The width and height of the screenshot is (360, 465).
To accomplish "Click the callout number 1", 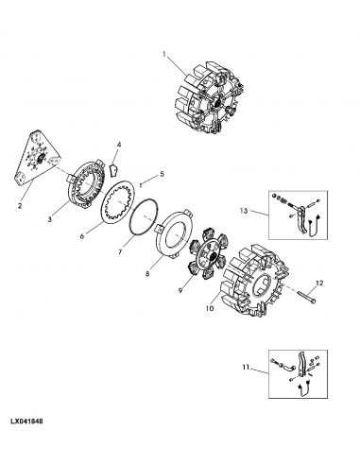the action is (x=164, y=54).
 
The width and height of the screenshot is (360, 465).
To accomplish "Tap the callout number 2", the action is (x=20, y=206).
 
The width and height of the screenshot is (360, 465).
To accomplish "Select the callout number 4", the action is (x=119, y=145).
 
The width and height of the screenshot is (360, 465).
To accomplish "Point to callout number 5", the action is (x=162, y=174).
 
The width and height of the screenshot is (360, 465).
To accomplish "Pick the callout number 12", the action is (x=319, y=283).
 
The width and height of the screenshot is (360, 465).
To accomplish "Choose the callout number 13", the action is (x=244, y=211).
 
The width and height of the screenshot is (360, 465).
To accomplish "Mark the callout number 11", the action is (x=246, y=367).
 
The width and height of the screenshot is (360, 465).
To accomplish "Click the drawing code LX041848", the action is (x=26, y=422).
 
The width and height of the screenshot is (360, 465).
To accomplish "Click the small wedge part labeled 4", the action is (x=113, y=170).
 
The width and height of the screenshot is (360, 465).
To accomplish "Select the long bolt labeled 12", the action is (x=306, y=296).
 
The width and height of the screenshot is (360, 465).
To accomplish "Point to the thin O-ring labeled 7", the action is (x=130, y=217).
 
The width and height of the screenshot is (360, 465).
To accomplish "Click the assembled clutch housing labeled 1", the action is (x=209, y=101).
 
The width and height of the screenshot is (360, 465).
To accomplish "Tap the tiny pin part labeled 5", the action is (x=141, y=185).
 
